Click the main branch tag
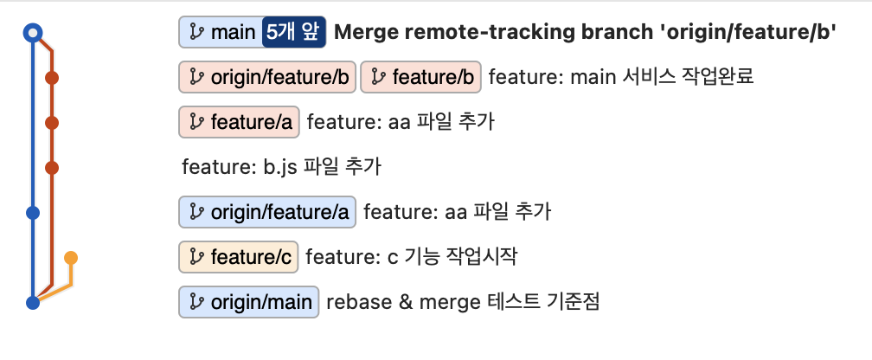pyautogui.click(x=220, y=33)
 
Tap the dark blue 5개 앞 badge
pyautogui.click(x=294, y=33)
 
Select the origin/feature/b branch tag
pyautogui.click(x=267, y=77)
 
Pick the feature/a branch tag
pyautogui.click(x=239, y=122)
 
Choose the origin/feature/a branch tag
pyautogui.click(x=267, y=211)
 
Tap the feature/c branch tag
pyautogui.click(x=239, y=256)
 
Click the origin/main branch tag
pyautogui.click(x=249, y=301)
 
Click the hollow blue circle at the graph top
pyautogui.click(x=33, y=33)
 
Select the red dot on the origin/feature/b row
pyautogui.click(x=51, y=78)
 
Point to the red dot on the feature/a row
pyautogui.click(x=51, y=123)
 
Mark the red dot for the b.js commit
pyautogui.click(x=51, y=167)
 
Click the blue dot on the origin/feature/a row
pyautogui.click(x=33, y=212)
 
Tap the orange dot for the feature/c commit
pyautogui.click(x=71, y=257)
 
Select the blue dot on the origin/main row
pyautogui.click(x=33, y=302)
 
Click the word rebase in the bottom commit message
pyautogui.click(x=353, y=301)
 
